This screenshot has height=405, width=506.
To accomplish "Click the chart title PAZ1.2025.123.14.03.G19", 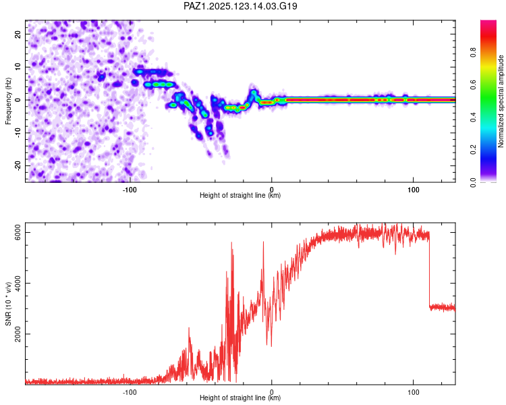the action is [240, 6].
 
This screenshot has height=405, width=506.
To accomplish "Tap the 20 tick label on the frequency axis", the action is [18, 34].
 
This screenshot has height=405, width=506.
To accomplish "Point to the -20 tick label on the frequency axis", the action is [18, 165].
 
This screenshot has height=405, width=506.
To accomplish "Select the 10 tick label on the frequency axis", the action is [18, 67].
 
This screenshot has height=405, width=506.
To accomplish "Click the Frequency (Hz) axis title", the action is [8, 101].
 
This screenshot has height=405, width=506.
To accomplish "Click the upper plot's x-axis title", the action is [240, 195].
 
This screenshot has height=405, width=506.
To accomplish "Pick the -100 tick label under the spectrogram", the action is [130, 190].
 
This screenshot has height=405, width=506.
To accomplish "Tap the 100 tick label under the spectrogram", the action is [413, 190].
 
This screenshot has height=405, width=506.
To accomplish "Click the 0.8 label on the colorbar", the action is [473, 52].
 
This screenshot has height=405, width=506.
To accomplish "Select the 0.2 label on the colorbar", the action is [473, 150].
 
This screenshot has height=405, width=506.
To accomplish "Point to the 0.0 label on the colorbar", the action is [473, 182].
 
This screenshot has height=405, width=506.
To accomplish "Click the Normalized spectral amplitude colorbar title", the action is [501, 101].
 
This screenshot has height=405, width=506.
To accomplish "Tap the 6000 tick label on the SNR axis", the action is [18, 232].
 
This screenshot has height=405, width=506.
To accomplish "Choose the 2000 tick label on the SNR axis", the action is [18, 334].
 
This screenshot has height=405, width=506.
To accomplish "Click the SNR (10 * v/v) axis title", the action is [8, 304].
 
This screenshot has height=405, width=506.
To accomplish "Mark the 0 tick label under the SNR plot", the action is [271, 392].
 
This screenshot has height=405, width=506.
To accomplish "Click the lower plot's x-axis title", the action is [240, 398].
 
